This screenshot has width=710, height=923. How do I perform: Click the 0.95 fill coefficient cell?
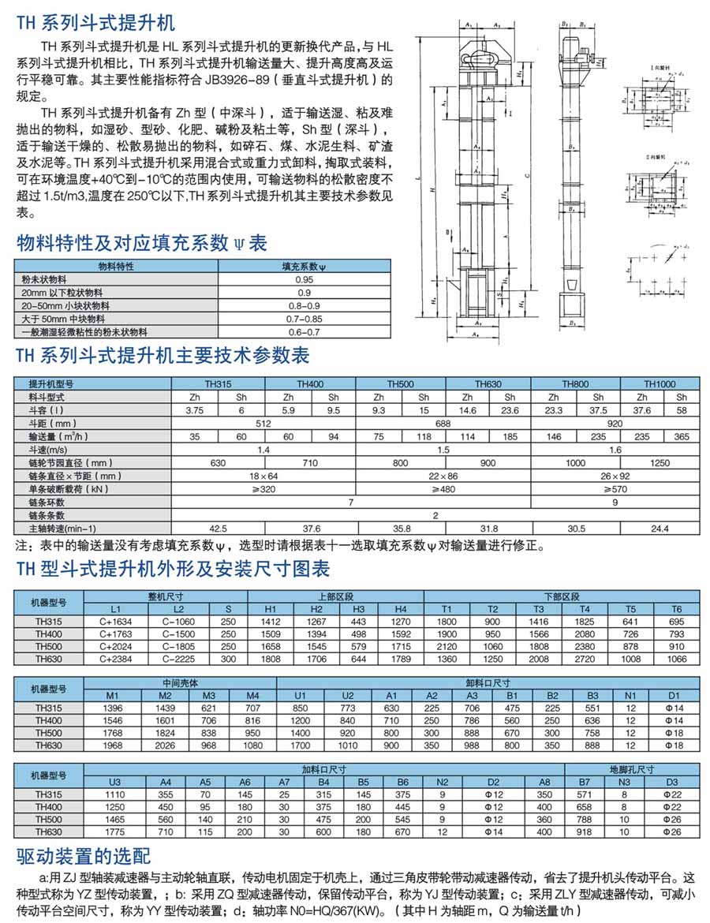304,280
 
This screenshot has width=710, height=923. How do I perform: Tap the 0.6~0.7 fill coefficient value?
304,333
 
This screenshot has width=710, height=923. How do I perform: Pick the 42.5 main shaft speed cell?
217,528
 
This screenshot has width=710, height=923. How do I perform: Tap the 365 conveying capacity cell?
682,436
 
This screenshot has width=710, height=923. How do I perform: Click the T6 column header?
676,609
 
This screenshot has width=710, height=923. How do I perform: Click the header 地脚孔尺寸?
631,768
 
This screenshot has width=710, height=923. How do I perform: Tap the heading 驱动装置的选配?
83,856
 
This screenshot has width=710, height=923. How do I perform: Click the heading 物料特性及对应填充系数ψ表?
142,242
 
